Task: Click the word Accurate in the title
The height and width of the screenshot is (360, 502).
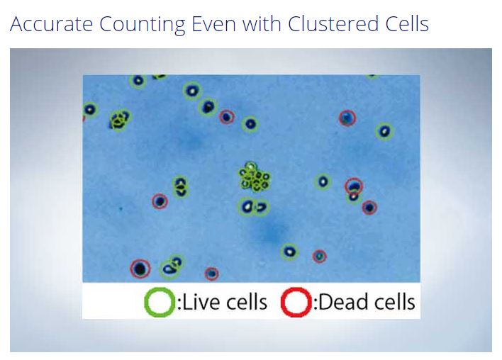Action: tap(52, 23)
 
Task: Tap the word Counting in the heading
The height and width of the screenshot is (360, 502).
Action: tap(143, 25)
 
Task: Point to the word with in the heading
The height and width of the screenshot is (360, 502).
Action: tap(262, 23)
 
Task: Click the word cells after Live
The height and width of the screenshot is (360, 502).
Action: tap(247, 302)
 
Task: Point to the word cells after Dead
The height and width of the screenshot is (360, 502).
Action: tap(394, 301)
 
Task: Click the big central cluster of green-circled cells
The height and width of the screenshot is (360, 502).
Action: tap(255, 177)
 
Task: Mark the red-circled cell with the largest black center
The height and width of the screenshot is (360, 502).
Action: tap(140, 269)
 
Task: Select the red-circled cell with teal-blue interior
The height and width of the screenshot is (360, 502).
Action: tap(347, 118)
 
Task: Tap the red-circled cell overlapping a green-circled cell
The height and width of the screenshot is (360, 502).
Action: tap(353, 186)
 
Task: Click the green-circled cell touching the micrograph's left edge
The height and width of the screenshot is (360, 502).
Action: tap(89, 110)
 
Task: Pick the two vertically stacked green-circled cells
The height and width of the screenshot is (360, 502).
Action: tap(181, 187)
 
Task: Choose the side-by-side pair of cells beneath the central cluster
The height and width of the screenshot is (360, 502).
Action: tap(254, 207)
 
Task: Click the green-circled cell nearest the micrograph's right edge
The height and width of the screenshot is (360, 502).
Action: tap(384, 131)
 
